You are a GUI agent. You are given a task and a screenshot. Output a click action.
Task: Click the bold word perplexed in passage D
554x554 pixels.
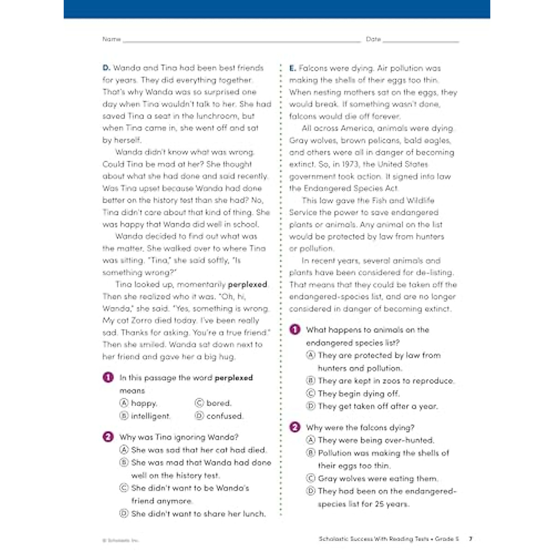point(247,284)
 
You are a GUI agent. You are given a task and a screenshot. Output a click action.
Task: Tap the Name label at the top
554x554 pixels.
point(111,39)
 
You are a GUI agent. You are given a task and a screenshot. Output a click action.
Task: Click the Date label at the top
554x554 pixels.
point(373,39)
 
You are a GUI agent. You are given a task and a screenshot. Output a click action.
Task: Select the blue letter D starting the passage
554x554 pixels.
point(106,68)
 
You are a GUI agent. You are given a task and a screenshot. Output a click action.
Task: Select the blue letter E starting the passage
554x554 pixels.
point(292,68)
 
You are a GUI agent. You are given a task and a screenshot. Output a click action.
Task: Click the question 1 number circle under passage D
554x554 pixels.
point(108,378)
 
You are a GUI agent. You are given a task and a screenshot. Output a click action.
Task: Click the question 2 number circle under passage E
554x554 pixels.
point(295,428)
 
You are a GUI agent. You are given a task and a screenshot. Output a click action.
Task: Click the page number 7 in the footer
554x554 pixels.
point(470,539)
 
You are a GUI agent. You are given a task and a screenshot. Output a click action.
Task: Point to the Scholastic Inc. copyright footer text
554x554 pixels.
point(120,540)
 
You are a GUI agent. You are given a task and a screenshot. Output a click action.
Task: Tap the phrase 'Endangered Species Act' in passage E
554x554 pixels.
point(350,188)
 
